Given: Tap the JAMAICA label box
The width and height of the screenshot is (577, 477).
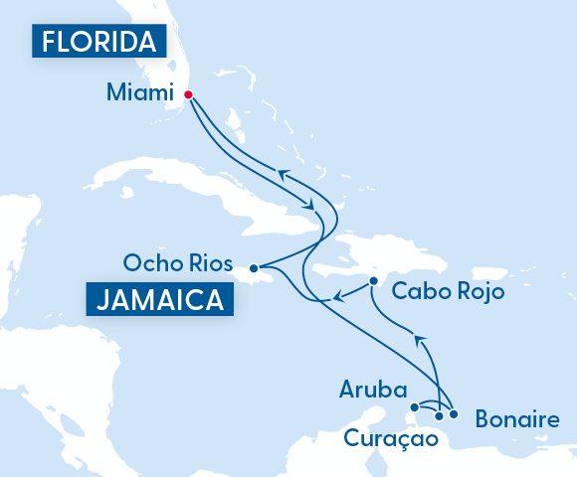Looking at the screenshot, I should pos(159,299).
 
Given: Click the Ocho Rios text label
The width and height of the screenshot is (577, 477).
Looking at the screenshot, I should pos(178,263).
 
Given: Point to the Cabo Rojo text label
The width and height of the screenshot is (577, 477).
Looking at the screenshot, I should pos(448,291).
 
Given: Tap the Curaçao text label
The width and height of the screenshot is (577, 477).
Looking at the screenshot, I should pos(390,438).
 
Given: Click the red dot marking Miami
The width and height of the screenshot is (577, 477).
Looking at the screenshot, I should pos(187,95).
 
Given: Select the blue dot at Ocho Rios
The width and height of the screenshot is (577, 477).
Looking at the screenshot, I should pos(254,266).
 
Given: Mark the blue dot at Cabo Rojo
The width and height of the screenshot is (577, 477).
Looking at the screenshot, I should pos(373,281).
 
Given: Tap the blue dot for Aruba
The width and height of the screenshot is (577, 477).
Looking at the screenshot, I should pos(415,406).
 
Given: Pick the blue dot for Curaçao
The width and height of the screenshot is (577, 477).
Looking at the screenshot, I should pos(439,415).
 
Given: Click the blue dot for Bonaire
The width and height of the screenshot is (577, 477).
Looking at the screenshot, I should pos(453,413).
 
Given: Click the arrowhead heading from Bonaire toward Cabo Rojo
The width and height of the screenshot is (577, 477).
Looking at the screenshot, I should pos(419,341).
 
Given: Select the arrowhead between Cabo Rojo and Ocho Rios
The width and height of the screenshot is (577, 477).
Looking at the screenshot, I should pos(338,295).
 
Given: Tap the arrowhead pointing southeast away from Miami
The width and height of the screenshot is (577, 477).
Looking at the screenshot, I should pos(312,204).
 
